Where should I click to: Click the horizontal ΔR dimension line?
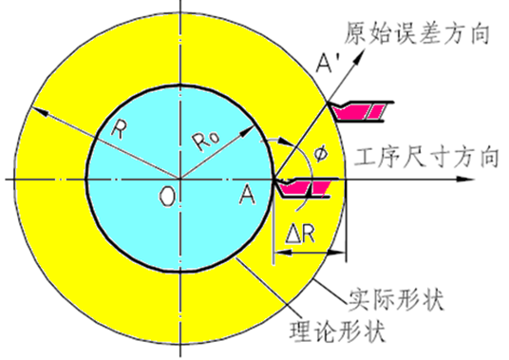(309, 253)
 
